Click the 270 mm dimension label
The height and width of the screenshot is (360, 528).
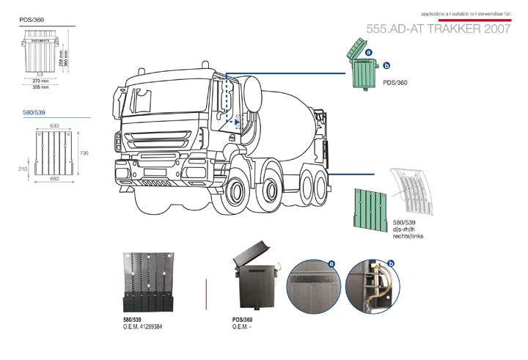[40, 81]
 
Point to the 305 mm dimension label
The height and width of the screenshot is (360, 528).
[40, 87]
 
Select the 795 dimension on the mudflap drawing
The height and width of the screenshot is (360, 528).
[84, 153]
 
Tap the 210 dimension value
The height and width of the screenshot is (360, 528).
[23, 169]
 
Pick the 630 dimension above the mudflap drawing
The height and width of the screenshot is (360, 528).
[54, 126]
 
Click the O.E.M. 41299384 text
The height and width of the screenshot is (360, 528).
[143, 326]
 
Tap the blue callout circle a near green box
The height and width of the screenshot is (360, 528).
[369, 53]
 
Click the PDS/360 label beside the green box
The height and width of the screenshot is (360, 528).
[395, 84]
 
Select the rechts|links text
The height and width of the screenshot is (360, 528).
[408, 236]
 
